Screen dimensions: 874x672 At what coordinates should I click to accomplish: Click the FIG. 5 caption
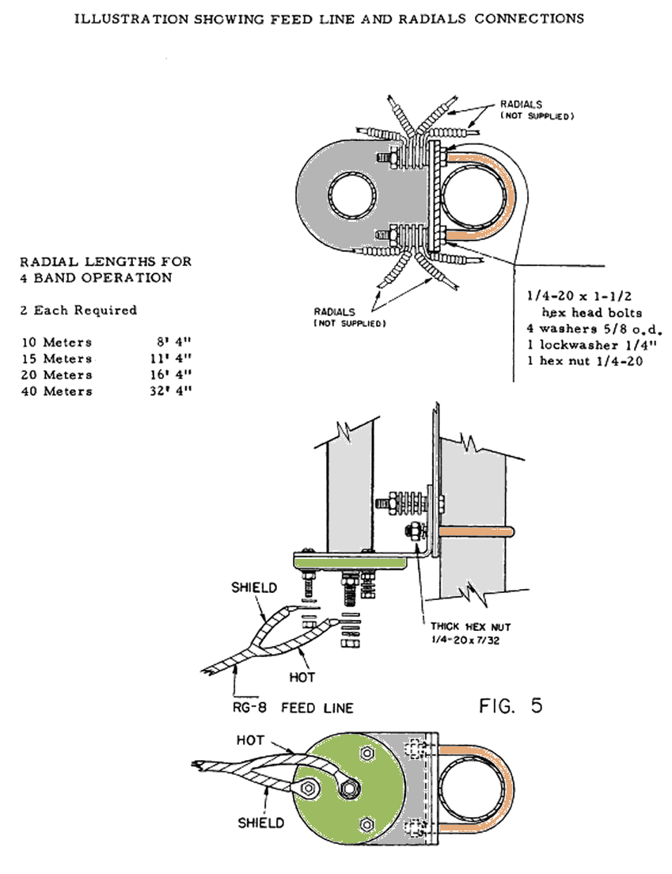pyautogui.click(x=511, y=705)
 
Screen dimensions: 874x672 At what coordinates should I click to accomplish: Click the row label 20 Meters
pyautogui.click(x=56, y=375)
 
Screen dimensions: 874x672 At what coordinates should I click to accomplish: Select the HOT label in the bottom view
pyautogui.click(x=251, y=739)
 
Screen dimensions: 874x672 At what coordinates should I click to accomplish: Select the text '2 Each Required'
pyautogui.click(x=78, y=310)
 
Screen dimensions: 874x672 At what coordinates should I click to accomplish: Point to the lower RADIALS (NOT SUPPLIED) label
pyautogui.click(x=349, y=317)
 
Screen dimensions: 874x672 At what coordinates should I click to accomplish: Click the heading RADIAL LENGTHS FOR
pyautogui.click(x=105, y=261)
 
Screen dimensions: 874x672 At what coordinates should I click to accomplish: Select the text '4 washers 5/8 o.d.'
pyautogui.click(x=593, y=328)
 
